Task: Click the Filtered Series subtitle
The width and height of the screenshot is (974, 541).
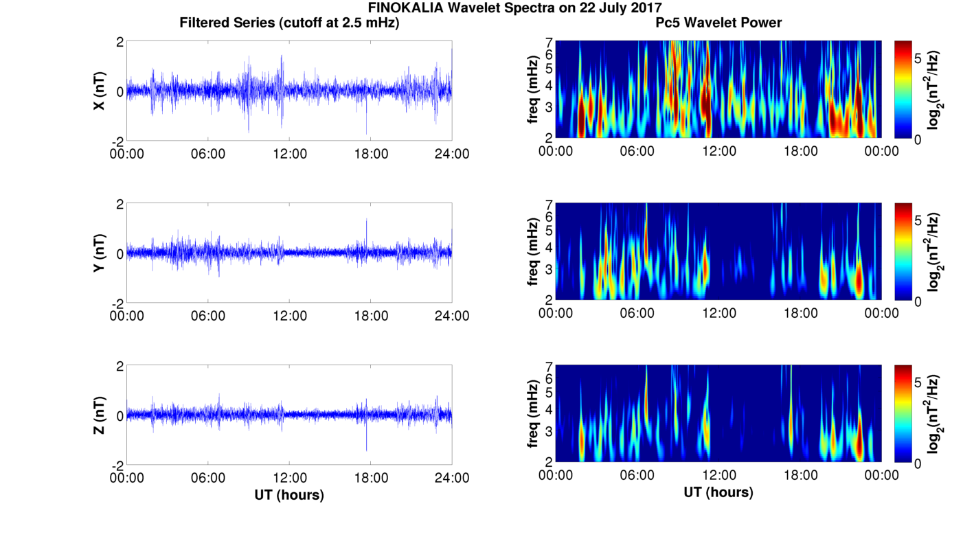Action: pos(289,23)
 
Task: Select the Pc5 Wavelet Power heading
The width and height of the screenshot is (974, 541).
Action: pos(718,23)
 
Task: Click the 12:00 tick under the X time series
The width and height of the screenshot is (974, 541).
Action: pos(290,154)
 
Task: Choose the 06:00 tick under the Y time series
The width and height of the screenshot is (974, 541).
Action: pos(208,316)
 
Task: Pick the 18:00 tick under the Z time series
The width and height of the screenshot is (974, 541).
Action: pos(371,478)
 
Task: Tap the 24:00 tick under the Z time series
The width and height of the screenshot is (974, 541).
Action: pos(452,478)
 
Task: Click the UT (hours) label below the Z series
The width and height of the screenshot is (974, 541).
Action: pos(289,494)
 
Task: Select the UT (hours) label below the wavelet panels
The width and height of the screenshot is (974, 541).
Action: pos(718,492)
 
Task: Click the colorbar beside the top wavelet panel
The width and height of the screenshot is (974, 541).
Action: pos(903,89)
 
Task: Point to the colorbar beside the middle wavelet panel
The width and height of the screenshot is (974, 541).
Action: pos(903,251)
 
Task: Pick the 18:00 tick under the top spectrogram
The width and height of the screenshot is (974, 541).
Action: pos(800,151)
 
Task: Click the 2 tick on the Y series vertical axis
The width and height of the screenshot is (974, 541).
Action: pos(120,205)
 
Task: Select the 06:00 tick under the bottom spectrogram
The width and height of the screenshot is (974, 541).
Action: pos(637,475)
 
